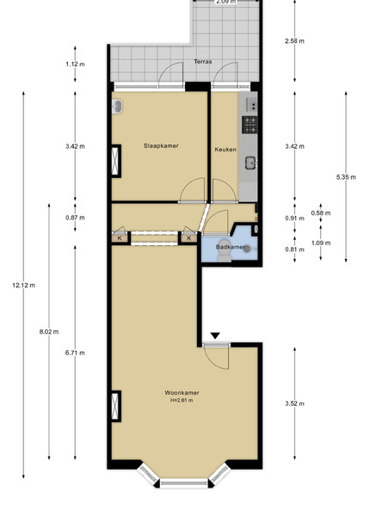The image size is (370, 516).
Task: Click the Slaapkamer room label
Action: click(x=161, y=146)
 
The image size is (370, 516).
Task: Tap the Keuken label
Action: click(x=225, y=150)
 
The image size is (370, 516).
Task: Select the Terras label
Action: click(x=203, y=62)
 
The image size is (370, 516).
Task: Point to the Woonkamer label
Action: click(x=182, y=393)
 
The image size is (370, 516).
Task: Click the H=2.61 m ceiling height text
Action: click(x=182, y=401)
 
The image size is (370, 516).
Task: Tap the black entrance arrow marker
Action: click(x=215, y=335)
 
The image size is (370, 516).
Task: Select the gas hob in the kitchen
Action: click(x=250, y=125)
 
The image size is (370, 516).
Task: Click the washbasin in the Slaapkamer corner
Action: click(x=117, y=107)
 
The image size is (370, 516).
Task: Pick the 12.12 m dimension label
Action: click(x=24, y=286)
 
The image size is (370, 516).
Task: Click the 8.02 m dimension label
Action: click(x=49, y=332)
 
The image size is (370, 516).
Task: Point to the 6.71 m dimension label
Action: click(x=75, y=353)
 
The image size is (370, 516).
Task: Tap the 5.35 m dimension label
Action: click(x=346, y=177)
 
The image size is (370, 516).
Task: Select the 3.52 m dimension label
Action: click(x=294, y=403)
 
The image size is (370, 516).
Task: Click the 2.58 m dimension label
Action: click(x=294, y=41)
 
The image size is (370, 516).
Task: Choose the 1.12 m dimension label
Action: click(x=75, y=64)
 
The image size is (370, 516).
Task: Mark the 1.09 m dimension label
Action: click(x=321, y=243)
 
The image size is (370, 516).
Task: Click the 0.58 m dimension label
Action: click(x=321, y=213)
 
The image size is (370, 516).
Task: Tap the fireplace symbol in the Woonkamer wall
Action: click(x=116, y=406)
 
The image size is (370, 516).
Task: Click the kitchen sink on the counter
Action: click(x=250, y=163)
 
